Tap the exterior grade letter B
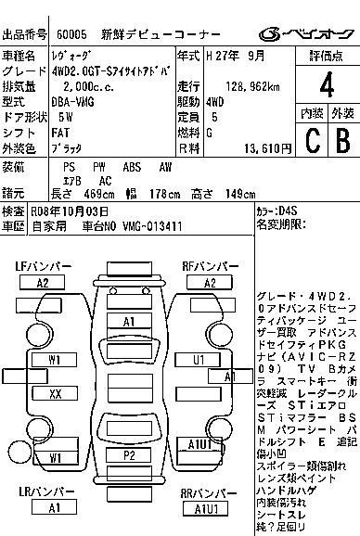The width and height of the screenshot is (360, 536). click(341, 139)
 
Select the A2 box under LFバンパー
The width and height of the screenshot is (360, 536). click(43, 282)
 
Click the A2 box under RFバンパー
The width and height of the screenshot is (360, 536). click(211, 282)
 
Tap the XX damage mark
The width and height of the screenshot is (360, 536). click(56, 393)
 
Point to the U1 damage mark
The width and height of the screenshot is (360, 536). click(199, 359)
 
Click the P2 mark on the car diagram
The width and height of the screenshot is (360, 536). click(129, 456)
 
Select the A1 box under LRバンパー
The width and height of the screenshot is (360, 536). click(55, 507)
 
